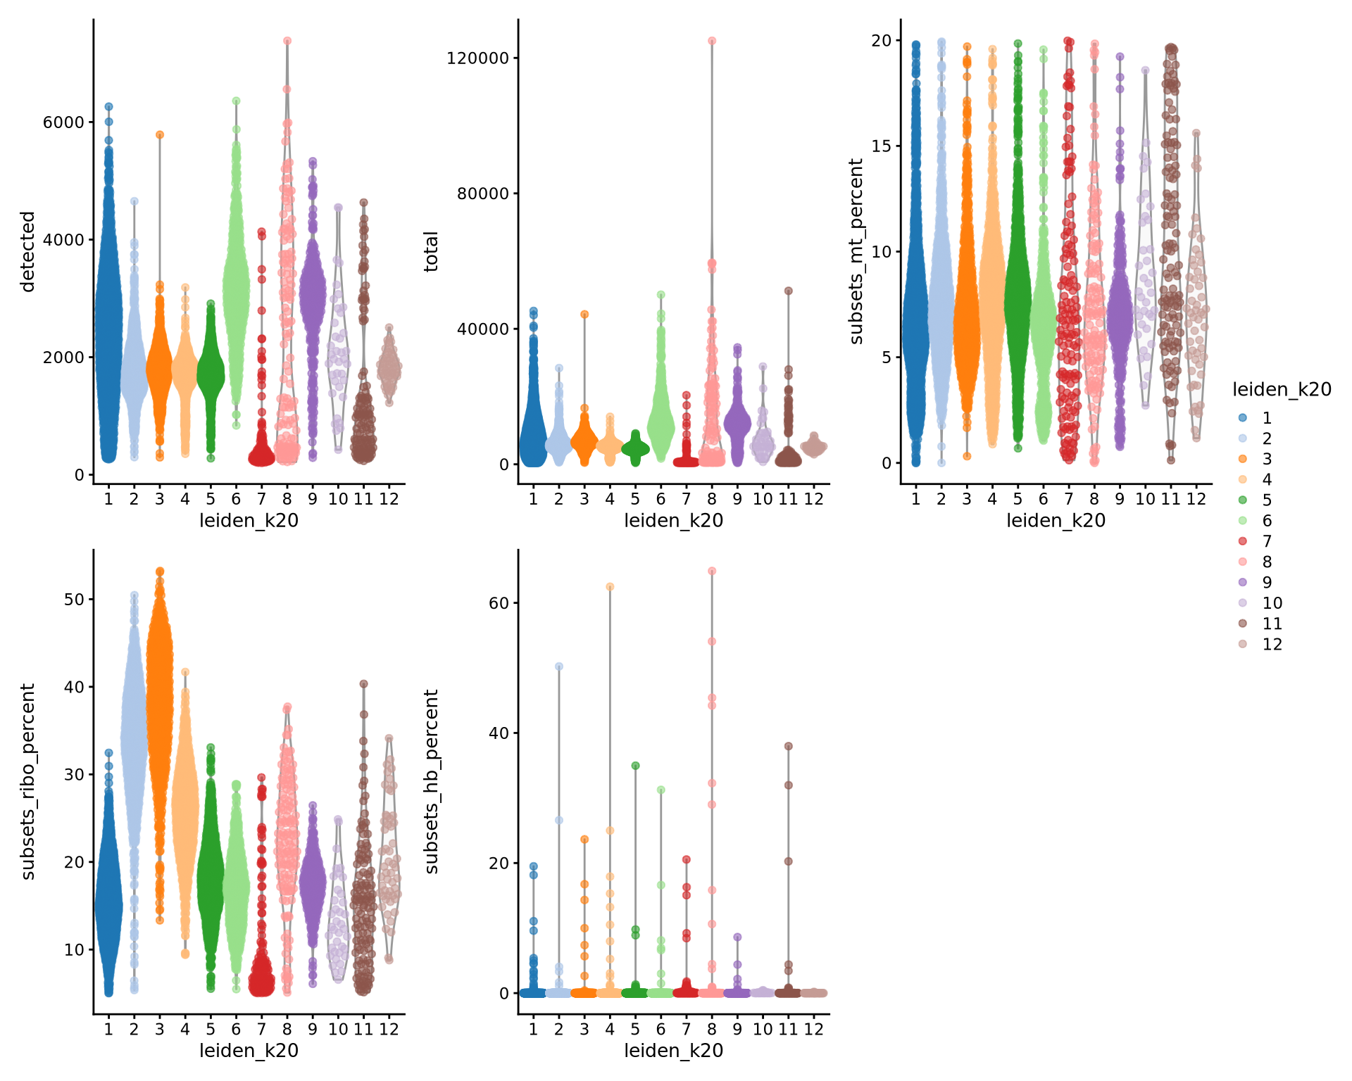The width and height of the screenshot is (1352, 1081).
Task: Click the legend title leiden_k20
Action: [1282, 390]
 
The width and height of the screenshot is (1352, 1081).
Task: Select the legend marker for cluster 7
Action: [1243, 541]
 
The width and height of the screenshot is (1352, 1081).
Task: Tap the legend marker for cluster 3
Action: [1243, 459]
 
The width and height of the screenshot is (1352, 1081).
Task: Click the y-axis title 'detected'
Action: [27, 251]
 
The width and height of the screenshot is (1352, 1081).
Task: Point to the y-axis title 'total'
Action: [431, 251]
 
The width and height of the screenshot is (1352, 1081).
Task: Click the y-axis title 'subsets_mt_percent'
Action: [856, 251]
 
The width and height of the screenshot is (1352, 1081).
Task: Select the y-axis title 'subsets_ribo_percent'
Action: [27, 781]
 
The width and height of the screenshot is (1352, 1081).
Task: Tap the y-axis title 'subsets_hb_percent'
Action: [431, 781]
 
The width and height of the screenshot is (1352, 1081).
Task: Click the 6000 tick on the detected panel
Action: [63, 122]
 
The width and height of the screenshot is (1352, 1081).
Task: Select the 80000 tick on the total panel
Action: [482, 194]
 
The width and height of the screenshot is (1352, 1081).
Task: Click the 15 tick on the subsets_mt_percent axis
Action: [880, 146]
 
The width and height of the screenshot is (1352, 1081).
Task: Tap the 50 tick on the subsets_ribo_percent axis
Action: [74, 599]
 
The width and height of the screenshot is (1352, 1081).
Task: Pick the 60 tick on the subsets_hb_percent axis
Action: [499, 602]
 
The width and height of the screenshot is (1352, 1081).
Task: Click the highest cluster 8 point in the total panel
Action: [712, 41]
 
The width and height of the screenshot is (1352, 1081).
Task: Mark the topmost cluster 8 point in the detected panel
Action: [287, 41]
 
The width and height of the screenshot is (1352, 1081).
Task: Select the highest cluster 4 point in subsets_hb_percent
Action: [610, 586]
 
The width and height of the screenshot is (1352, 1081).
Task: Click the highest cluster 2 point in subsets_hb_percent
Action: [559, 666]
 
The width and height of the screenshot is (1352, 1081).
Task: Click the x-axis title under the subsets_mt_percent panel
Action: [1056, 521]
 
